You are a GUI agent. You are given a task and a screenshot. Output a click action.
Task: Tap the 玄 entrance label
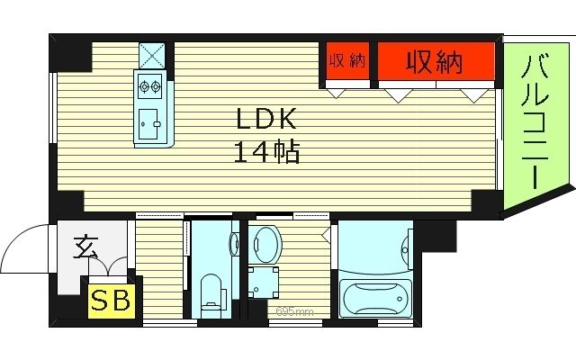coord(85,244)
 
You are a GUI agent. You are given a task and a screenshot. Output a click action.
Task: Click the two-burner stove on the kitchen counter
coord(149,87)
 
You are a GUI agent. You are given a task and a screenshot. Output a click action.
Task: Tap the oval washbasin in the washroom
coord(266,244)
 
